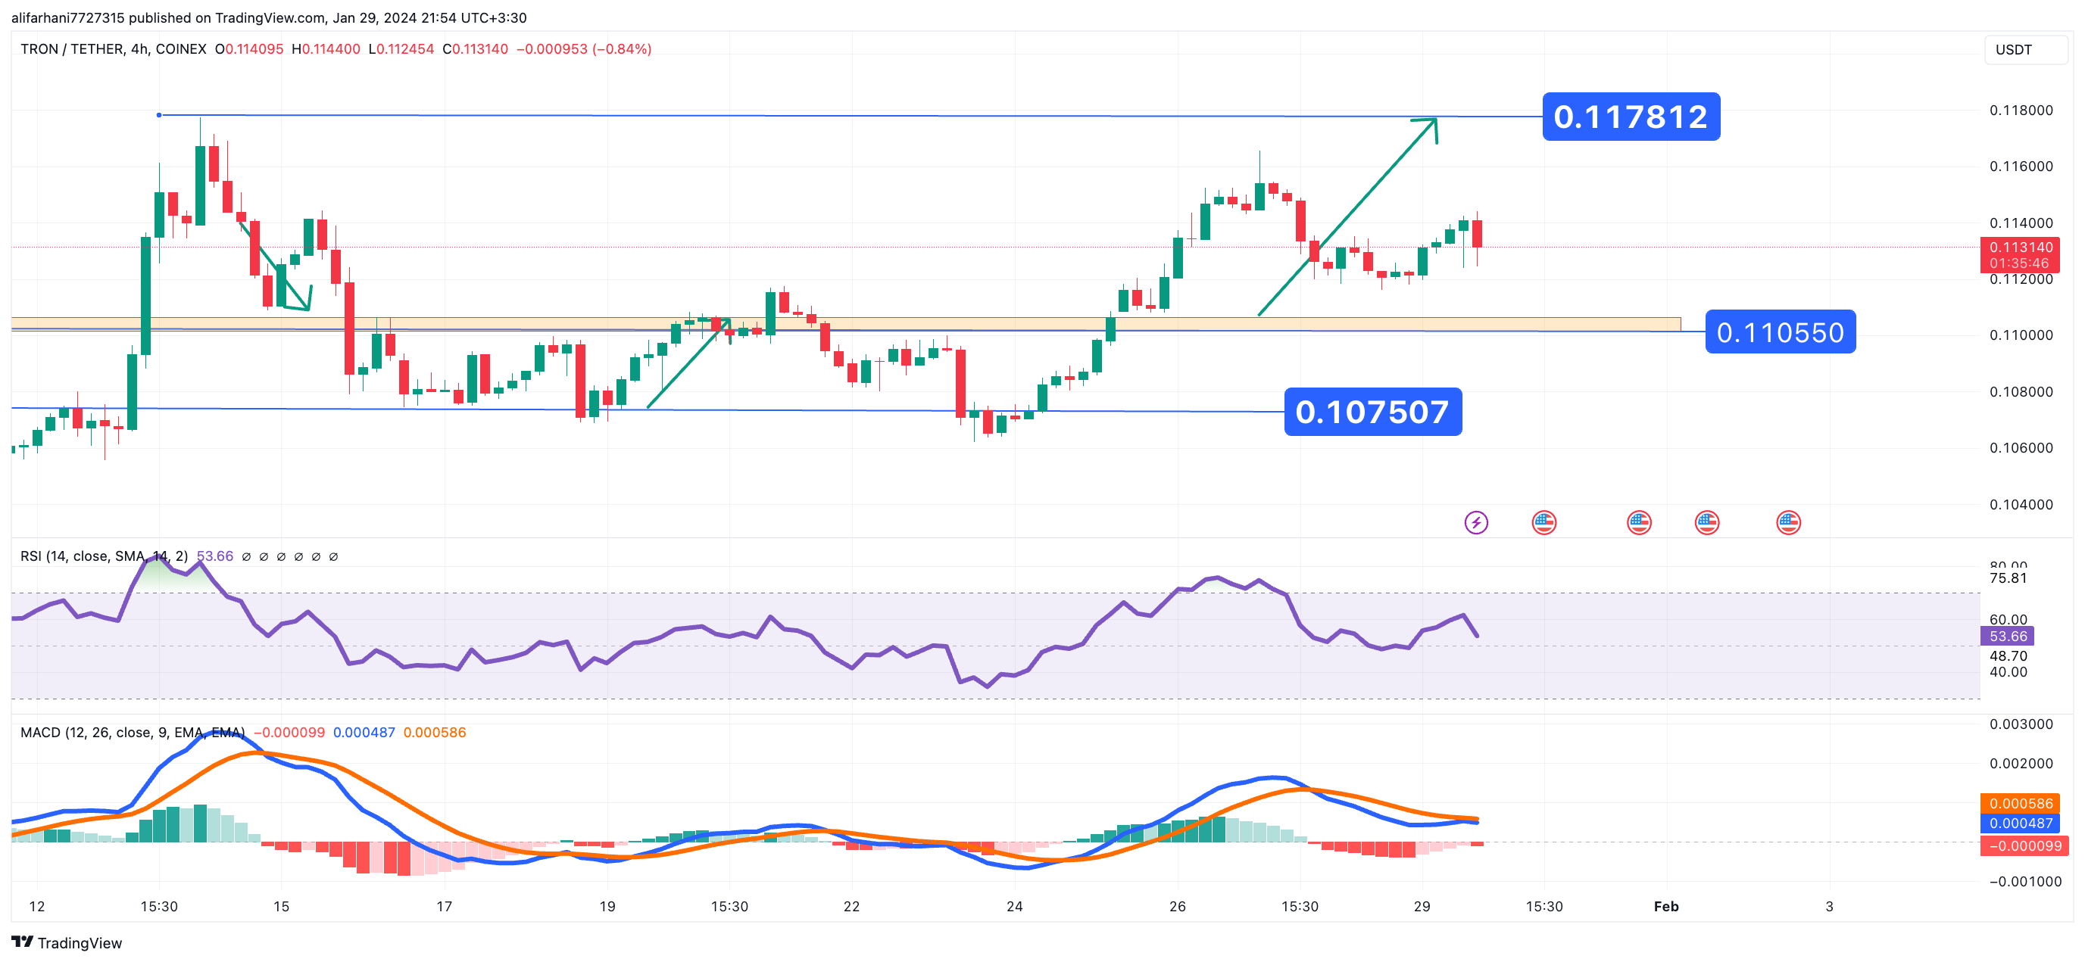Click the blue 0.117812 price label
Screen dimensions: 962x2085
coord(1630,117)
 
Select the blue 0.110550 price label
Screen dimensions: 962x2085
coord(1779,332)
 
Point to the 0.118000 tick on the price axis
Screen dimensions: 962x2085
coord(2021,110)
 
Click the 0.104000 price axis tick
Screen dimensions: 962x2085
coord(2021,504)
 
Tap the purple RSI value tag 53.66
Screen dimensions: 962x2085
coord(2007,636)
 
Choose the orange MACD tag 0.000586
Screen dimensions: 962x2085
coord(2021,802)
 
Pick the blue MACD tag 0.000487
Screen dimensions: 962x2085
coord(2021,823)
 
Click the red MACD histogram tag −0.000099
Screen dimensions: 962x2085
coord(2024,845)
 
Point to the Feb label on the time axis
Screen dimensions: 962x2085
coord(1665,906)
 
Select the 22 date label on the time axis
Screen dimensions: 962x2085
coord(851,906)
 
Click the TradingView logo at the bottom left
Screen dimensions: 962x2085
coord(67,942)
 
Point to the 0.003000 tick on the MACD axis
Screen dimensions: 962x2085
coord(2021,724)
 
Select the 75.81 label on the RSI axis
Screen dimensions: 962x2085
coord(2007,578)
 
